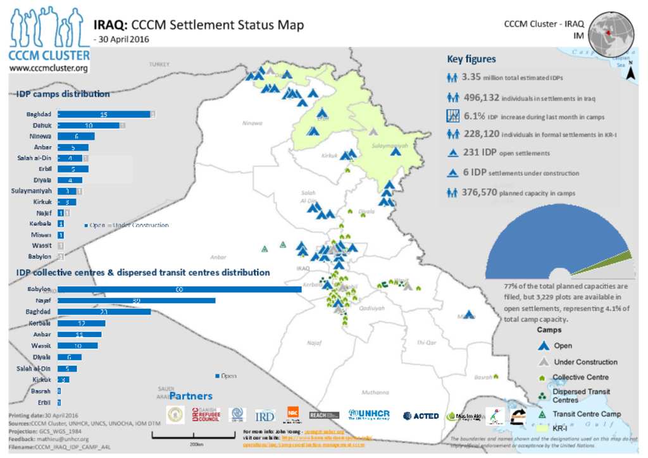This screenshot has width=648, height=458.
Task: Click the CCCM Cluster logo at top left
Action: [48, 39]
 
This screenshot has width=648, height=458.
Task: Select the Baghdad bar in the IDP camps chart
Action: [104, 114]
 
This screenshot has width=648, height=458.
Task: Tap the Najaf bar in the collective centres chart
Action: [136, 300]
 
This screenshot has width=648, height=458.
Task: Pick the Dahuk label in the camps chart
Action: [40, 126]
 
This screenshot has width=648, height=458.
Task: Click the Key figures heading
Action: [471, 59]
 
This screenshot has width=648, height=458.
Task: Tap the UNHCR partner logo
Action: [368, 415]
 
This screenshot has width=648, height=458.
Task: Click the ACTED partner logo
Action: [421, 416]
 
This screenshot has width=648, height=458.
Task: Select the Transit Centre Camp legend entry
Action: [587, 414]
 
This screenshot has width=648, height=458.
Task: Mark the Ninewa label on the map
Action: [252, 123]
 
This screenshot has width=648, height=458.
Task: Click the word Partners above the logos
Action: [190, 396]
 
